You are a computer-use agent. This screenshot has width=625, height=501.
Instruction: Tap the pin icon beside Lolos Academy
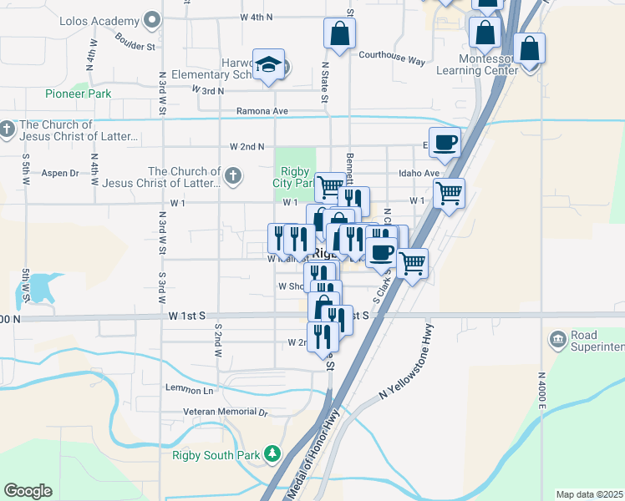[x=151, y=18]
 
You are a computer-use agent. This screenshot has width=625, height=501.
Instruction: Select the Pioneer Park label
[x=79, y=94]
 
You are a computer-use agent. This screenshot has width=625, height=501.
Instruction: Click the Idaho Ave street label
[x=419, y=173]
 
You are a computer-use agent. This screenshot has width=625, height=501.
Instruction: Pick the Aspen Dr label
[x=59, y=173]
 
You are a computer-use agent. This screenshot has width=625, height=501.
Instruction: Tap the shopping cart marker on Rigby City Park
[x=330, y=186]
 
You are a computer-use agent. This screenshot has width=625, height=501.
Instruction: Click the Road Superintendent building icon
[x=557, y=339]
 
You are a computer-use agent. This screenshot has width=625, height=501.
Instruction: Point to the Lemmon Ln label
[x=190, y=390]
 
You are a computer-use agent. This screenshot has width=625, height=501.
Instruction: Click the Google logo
[x=28, y=491]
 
